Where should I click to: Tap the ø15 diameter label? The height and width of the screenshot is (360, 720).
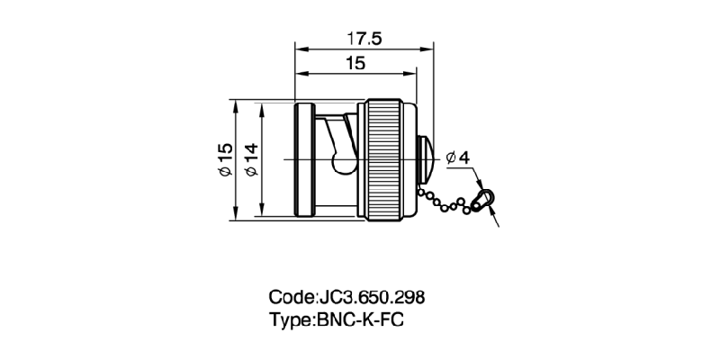coord(224,159)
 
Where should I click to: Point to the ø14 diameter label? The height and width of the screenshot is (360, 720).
coord(251,159)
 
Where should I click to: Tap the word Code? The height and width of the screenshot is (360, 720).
coord(290,297)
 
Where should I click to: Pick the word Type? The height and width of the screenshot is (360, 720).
coord(290,319)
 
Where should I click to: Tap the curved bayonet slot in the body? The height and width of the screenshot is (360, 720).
coord(342,148)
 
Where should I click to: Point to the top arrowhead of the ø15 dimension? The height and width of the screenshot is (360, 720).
coord(235,103)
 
